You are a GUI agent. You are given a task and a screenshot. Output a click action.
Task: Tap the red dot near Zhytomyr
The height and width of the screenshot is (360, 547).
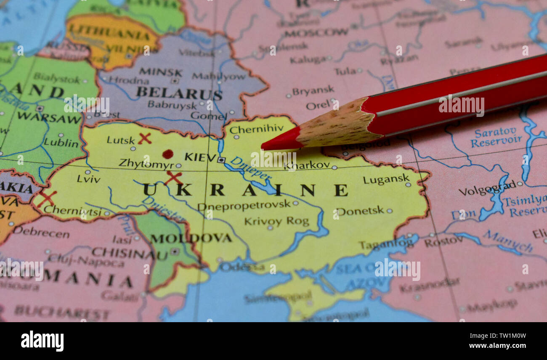tap(167, 154)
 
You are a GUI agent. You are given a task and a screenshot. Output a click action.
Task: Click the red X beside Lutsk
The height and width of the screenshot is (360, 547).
tap(144, 138)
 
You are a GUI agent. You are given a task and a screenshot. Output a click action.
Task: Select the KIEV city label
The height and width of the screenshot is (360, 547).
tap(200, 157)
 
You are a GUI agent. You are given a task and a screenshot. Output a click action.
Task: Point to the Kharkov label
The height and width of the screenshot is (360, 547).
tap(307, 165)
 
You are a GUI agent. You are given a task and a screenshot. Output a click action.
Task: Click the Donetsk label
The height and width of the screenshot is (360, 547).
tap(360, 210)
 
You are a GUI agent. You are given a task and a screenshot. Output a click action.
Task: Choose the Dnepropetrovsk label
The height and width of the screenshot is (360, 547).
tap(244, 205)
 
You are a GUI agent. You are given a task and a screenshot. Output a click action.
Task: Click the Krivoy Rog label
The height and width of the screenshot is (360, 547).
tap(276, 221)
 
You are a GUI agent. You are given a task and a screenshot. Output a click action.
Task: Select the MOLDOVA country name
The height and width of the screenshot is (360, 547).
tap(191, 238)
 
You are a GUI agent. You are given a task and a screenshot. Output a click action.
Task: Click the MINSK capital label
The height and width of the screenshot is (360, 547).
tap(160, 72)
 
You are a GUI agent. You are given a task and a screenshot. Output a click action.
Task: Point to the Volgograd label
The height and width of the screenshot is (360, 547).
tap(487, 188)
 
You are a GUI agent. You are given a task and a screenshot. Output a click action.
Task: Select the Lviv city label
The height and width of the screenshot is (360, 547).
tap(88, 179)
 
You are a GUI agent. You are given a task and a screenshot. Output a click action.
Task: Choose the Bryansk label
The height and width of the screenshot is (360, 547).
tap(313, 91)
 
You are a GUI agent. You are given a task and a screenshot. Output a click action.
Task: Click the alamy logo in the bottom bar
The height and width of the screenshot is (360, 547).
tap(42, 341)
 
